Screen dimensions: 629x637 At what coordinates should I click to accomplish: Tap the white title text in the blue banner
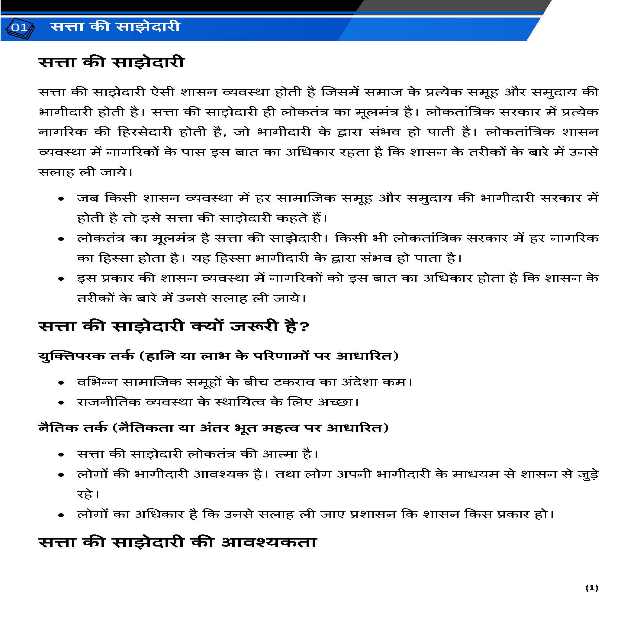coord(115,27)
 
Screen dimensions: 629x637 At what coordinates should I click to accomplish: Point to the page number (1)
coord(591,588)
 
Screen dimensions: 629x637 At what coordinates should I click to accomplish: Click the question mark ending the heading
coord(305,327)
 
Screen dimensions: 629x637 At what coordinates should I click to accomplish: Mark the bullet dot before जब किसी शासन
coord(61,199)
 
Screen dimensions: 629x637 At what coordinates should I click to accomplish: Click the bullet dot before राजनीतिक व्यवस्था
coord(61,403)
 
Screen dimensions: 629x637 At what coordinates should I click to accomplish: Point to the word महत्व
coord(280,428)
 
